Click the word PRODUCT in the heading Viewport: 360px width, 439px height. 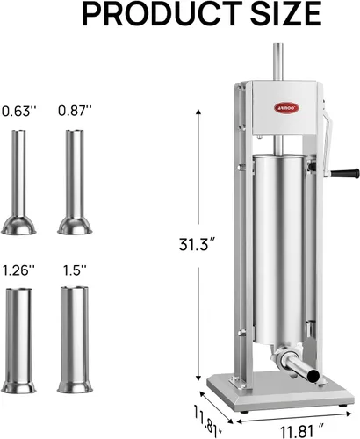162,14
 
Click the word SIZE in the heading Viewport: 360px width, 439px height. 286,14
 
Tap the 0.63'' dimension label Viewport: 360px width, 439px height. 19,112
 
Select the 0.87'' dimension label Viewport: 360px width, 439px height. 75,111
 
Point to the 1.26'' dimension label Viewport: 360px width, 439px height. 19,270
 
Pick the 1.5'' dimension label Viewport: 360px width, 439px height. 75,270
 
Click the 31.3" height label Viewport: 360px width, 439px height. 198,244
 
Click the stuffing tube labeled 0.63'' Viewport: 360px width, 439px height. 18,182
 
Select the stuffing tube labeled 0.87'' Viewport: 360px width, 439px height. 75,182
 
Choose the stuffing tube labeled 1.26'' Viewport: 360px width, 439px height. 18,341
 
